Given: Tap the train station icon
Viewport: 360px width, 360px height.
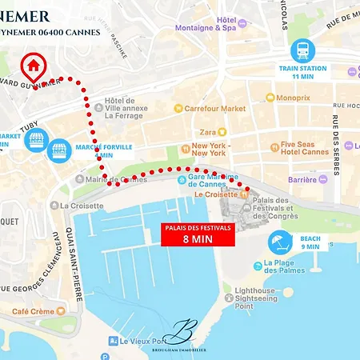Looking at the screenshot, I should (302, 50).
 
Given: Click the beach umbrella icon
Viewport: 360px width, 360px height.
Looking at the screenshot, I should (280, 241).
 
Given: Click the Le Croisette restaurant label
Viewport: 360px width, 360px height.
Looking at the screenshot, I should (210, 194).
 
